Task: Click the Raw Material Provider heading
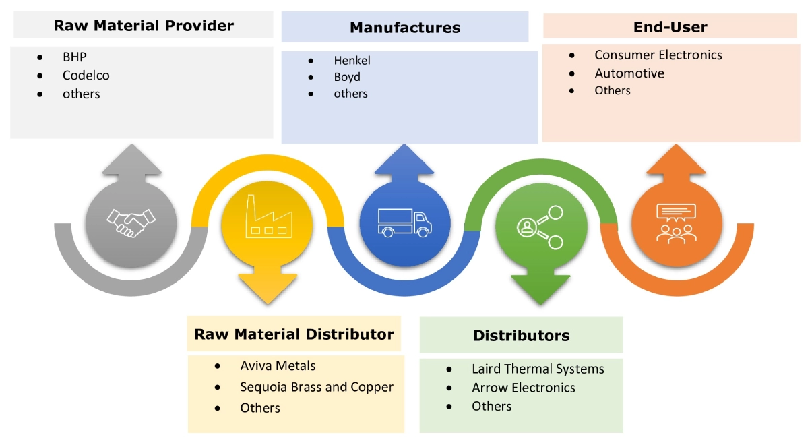click(144, 26)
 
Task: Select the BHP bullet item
click(75, 57)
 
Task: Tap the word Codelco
click(86, 76)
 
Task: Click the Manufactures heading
click(405, 28)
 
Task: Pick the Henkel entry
click(352, 60)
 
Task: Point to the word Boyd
click(347, 77)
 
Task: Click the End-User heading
click(670, 27)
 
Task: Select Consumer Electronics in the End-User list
click(658, 55)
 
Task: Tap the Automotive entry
click(629, 73)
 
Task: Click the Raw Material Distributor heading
click(294, 334)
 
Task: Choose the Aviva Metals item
click(278, 366)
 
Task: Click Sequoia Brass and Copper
click(317, 387)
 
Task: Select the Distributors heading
click(521, 336)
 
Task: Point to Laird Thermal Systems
click(538, 369)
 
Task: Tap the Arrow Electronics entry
click(524, 388)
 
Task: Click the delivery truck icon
click(403, 222)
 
